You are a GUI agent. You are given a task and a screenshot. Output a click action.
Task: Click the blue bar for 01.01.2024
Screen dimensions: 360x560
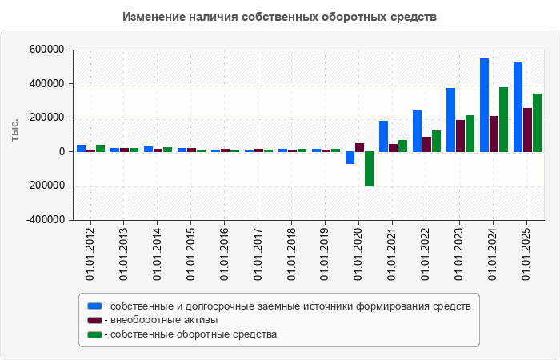tap(484, 105)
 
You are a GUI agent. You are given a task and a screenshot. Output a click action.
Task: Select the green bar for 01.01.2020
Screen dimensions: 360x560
tap(369, 169)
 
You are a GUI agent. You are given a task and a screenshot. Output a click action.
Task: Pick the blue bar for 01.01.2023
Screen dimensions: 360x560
tap(450, 120)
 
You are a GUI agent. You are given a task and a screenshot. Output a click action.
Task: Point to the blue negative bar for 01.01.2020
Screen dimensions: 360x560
tap(350, 158)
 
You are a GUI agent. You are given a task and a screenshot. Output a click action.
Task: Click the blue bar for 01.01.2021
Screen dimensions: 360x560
tap(383, 136)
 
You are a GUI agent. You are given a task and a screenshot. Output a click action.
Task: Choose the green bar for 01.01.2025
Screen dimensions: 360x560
tap(537, 122)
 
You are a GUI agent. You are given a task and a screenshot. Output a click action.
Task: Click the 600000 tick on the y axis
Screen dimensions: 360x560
tap(46, 50)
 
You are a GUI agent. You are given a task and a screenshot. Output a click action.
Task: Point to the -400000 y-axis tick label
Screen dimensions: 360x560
tap(44, 220)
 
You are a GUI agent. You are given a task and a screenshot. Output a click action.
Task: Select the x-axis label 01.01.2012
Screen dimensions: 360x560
tap(90, 253)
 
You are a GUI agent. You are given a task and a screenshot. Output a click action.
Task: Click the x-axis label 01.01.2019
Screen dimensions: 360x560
tap(326, 253)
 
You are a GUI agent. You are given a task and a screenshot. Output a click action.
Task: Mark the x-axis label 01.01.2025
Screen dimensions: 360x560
tap(527, 253)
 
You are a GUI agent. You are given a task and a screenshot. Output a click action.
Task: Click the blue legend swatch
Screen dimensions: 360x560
tap(94, 306)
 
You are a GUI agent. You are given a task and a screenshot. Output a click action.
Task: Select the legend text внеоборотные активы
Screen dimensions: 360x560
tap(165, 320)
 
